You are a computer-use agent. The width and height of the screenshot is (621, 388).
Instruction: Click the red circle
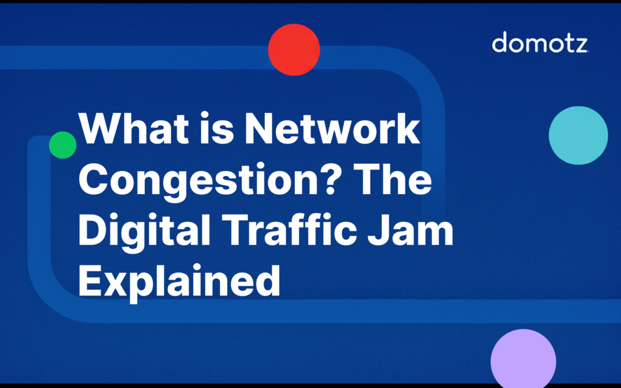(x=294, y=50)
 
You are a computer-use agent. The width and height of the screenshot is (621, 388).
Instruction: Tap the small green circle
(x=63, y=145)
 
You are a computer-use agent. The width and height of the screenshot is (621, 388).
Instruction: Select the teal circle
(x=578, y=136)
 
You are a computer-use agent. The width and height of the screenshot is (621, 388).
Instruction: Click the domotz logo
(x=540, y=43)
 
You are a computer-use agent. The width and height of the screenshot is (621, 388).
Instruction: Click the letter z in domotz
(x=580, y=44)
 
